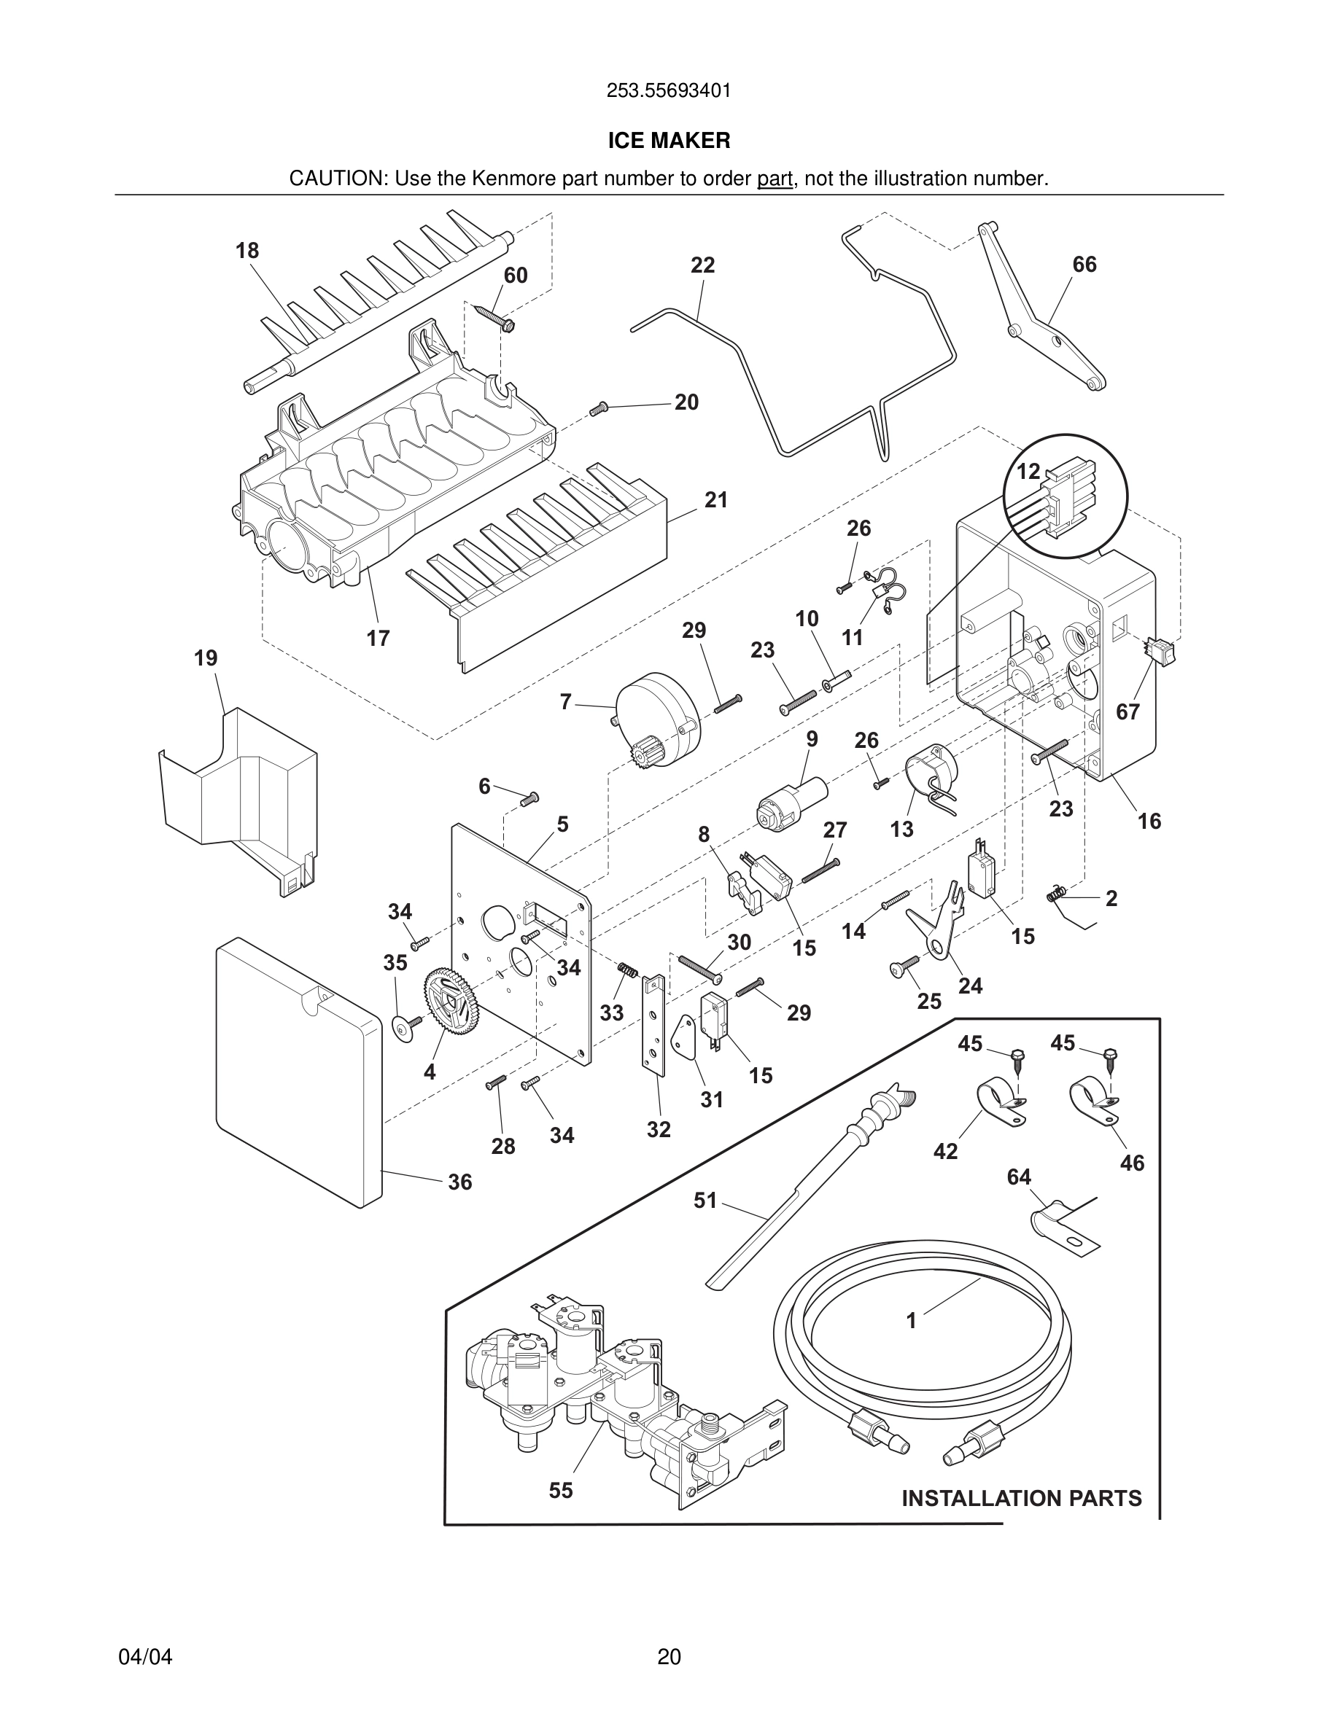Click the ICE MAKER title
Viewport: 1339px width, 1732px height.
point(669,141)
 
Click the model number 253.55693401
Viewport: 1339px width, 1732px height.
point(669,91)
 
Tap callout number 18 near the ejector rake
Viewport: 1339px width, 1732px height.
point(247,251)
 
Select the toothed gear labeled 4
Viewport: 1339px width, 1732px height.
point(450,1002)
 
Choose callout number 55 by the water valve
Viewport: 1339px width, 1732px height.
point(560,1490)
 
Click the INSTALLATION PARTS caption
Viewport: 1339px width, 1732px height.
point(1021,1498)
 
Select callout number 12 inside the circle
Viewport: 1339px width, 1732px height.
point(1028,471)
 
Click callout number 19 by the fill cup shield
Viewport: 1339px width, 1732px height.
point(206,658)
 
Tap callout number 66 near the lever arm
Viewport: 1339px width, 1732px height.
point(1084,264)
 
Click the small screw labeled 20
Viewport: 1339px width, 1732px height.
point(599,409)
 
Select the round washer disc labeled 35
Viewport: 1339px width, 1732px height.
point(406,1029)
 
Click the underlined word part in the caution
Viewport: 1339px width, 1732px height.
point(775,179)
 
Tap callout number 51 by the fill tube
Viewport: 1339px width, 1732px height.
point(705,1200)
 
